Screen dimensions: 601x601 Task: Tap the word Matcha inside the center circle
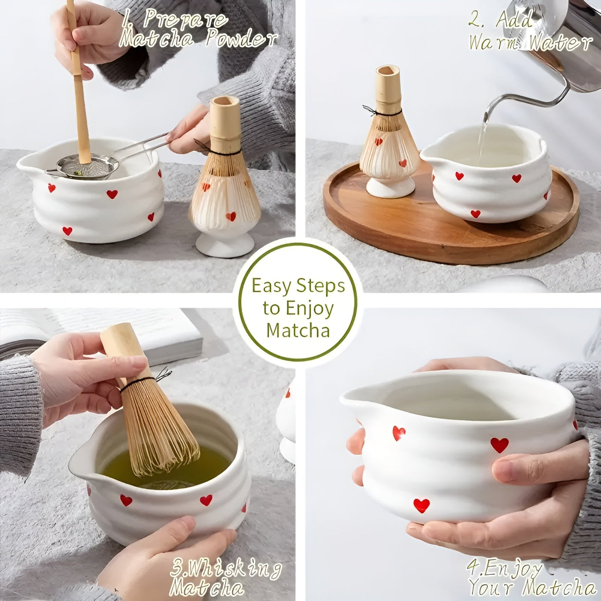[x=298, y=331]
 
